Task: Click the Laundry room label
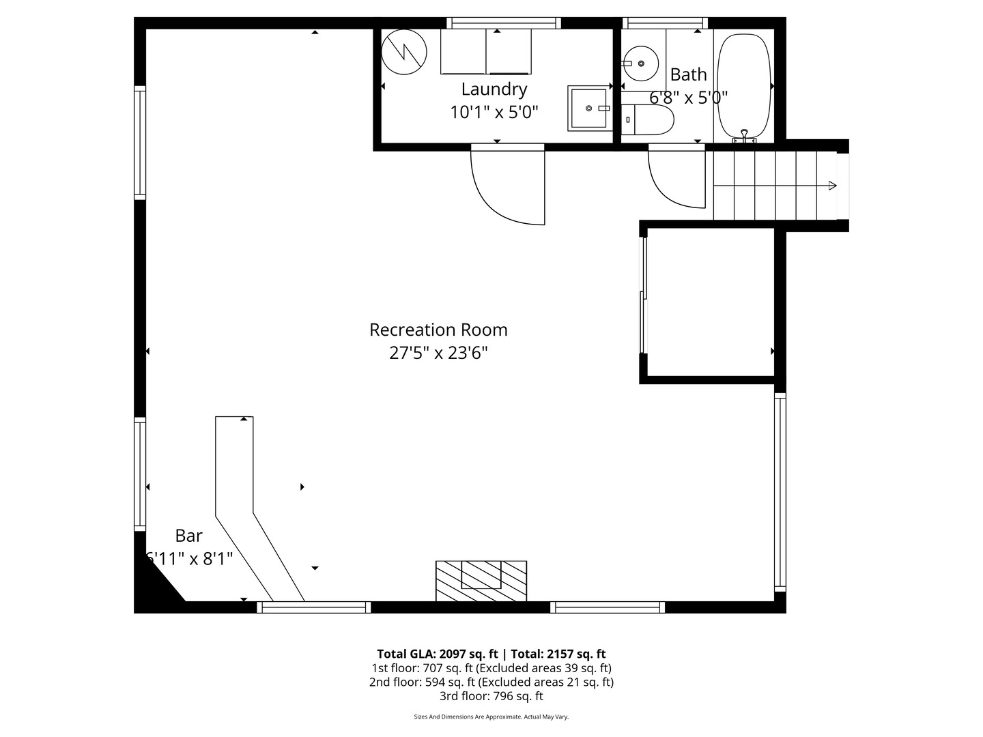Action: point(494,89)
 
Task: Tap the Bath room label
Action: point(688,74)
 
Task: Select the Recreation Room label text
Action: point(438,330)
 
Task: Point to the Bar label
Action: point(188,536)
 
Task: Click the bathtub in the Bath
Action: point(744,87)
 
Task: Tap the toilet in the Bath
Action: point(647,119)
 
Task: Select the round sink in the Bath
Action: point(641,63)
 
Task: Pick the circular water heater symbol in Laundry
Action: point(403,52)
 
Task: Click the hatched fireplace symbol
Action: point(481,580)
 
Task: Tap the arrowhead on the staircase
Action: point(832,185)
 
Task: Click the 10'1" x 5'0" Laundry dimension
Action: point(494,112)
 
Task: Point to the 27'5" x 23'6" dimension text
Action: point(438,353)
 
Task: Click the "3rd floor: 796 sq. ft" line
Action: point(491,696)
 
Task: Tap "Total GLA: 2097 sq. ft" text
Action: point(437,654)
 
